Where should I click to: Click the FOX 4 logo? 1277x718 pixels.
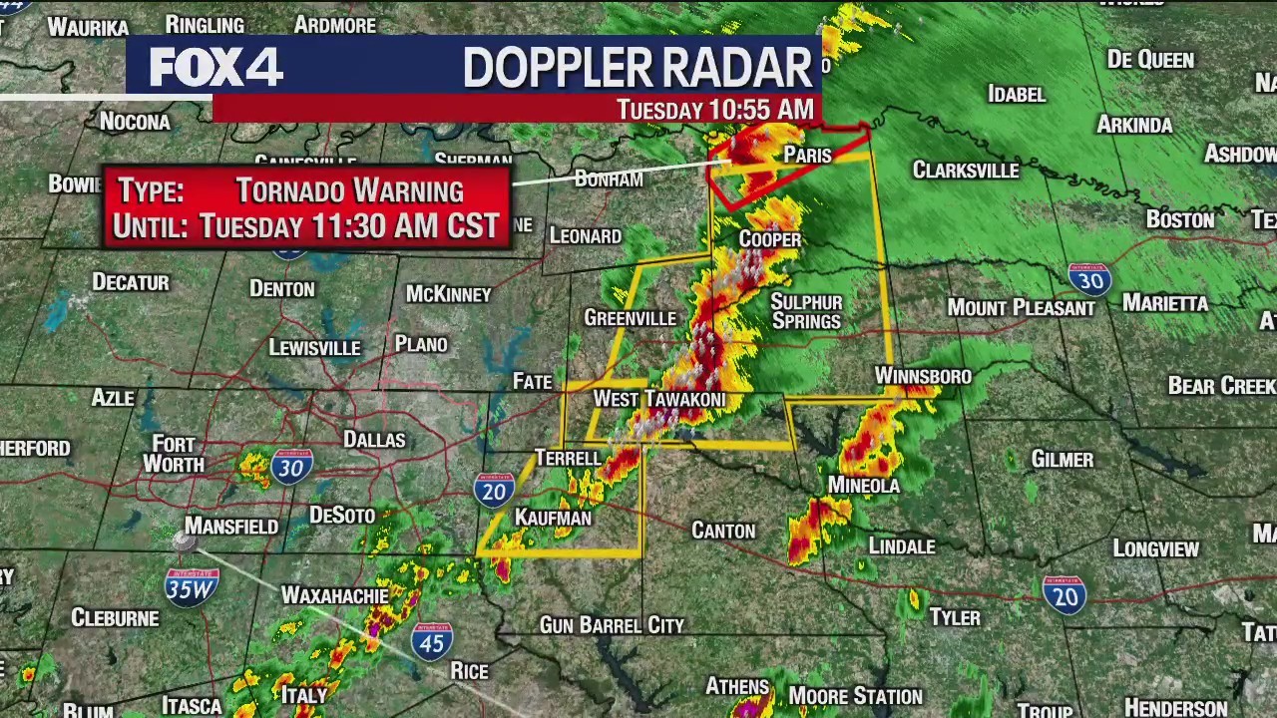tap(215, 67)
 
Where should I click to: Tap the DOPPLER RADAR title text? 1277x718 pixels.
tap(637, 68)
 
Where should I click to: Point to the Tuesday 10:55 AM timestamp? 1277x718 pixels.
tap(714, 110)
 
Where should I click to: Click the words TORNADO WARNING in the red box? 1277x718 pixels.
tap(349, 190)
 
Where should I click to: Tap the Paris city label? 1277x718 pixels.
tap(807, 155)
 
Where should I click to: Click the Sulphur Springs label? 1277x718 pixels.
tap(806, 311)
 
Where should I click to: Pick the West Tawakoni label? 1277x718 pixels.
tap(658, 399)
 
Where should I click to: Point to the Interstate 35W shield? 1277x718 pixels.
tap(191, 587)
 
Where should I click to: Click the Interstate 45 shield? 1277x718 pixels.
tap(432, 641)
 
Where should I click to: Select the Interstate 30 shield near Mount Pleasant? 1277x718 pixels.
tap(1088, 280)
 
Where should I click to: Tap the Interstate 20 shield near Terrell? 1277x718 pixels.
tap(494, 490)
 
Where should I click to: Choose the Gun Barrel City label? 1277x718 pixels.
tap(612, 625)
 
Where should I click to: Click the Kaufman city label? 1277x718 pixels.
tap(553, 518)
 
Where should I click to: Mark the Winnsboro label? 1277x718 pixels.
tap(923, 376)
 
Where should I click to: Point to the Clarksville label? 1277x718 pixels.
tap(965, 171)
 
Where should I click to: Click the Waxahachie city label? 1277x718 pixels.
tap(334, 595)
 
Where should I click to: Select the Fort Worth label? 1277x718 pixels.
tap(174, 454)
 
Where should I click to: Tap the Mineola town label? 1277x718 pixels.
tap(863, 486)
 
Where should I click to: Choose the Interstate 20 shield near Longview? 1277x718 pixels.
tap(1064, 594)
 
